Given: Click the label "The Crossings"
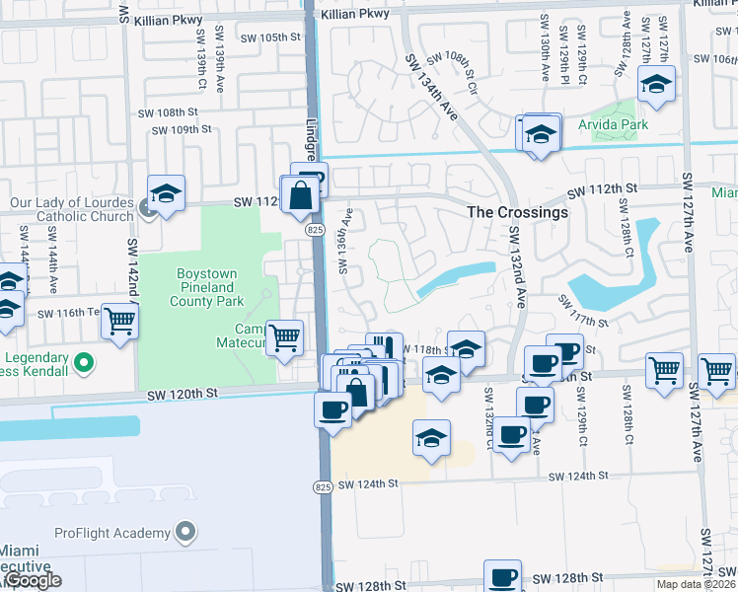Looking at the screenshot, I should pyautogui.click(x=517, y=212).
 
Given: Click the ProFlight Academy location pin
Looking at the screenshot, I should pyautogui.click(x=184, y=534).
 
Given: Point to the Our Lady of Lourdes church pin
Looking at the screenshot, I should pyautogui.click(x=146, y=207).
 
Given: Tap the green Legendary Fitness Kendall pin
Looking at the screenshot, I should pyautogui.click(x=83, y=363).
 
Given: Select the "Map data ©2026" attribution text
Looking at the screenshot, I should pyautogui.click(x=696, y=584).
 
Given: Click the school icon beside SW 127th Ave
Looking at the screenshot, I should pyautogui.click(x=655, y=85).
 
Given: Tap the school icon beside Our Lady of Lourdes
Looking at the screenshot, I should pyautogui.click(x=167, y=193).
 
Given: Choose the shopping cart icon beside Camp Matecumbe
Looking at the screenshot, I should pyautogui.click(x=285, y=336).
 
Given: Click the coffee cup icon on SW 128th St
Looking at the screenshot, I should pyautogui.click(x=502, y=576).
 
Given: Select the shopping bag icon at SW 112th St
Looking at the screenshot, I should pyautogui.click(x=301, y=197).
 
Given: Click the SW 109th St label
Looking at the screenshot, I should pyautogui.click(x=178, y=129).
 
